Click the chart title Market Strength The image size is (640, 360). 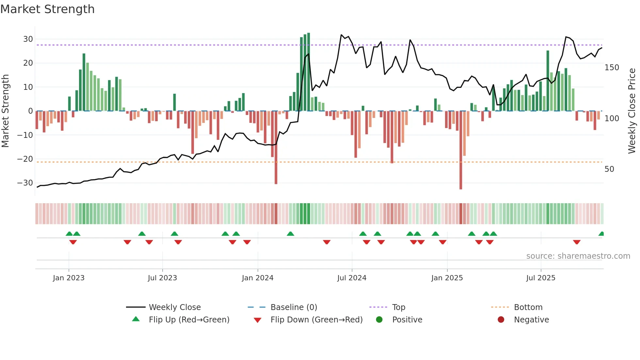(x=47, y=9)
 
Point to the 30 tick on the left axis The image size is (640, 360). (x=28, y=39)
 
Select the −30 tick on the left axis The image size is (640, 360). (x=25, y=183)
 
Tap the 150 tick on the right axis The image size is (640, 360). (x=612, y=68)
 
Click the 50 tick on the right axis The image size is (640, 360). (x=609, y=169)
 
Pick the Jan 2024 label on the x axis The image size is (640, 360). (x=258, y=278)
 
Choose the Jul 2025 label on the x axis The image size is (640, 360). (x=541, y=278)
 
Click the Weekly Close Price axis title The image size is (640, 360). (x=632, y=111)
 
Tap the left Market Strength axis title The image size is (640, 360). (x=5, y=111)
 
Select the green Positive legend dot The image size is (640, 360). (x=379, y=320)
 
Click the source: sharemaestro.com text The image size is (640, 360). (x=578, y=256)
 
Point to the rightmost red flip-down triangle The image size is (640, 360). (x=577, y=242)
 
